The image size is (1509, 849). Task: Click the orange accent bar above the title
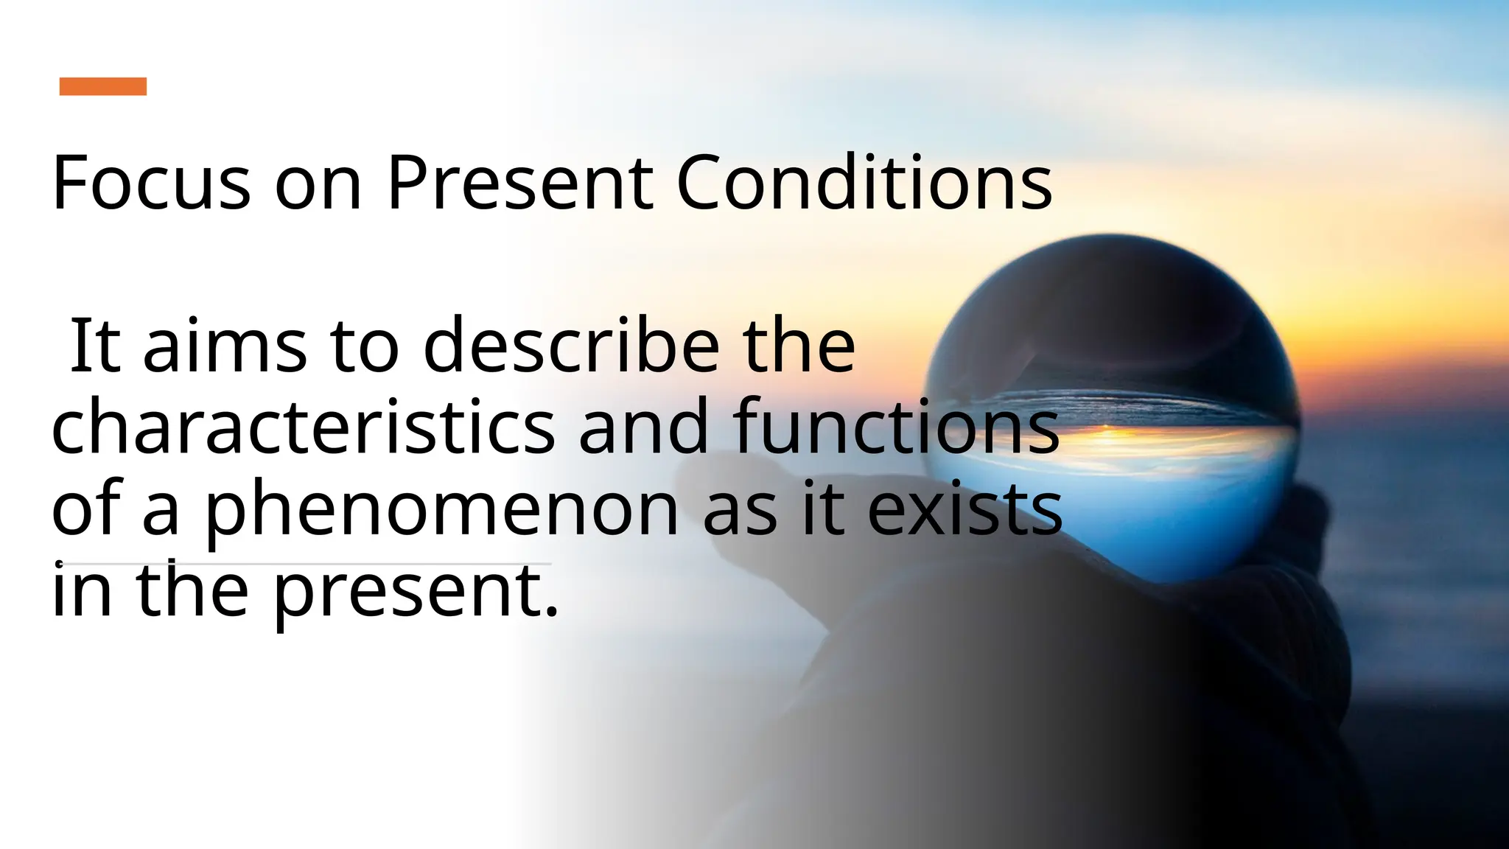point(103,86)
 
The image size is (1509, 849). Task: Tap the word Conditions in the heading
point(864,182)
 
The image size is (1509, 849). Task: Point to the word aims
point(224,345)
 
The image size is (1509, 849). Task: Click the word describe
point(571,345)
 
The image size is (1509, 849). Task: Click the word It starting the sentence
point(94,345)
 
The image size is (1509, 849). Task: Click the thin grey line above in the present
point(332,564)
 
